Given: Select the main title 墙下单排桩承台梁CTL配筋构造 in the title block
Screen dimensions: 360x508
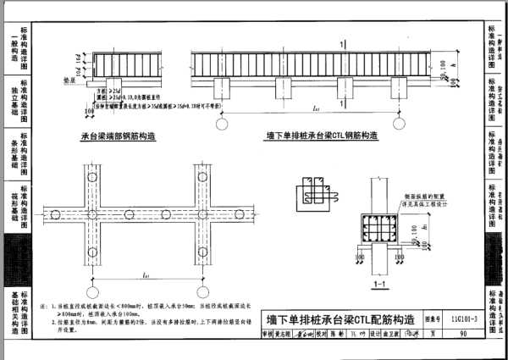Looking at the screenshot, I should [x=340, y=320].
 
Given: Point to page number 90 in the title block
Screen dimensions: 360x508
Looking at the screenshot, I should [x=464, y=334].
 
